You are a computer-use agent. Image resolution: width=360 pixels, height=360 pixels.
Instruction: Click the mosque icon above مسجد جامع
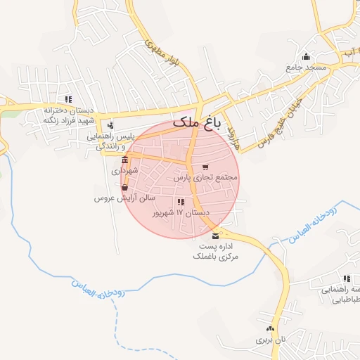[x=306, y=57]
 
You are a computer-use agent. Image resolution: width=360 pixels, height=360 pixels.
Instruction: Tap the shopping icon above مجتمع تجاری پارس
[x=205, y=167]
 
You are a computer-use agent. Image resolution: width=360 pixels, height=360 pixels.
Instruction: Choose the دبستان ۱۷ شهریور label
[x=184, y=212]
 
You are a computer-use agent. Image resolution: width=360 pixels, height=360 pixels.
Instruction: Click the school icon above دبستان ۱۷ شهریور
[x=181, y=202]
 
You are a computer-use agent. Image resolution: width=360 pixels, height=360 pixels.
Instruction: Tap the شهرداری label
[x=125, y=171]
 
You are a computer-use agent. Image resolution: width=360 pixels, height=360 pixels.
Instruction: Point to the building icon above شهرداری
[x=125, y=160]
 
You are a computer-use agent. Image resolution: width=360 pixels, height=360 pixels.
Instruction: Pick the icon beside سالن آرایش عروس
[x=124, y=188]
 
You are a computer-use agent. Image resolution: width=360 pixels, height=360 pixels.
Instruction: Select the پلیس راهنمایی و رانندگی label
[x=114, y=140]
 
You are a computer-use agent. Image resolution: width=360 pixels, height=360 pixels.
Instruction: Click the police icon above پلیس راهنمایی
[x=110, y=124]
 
